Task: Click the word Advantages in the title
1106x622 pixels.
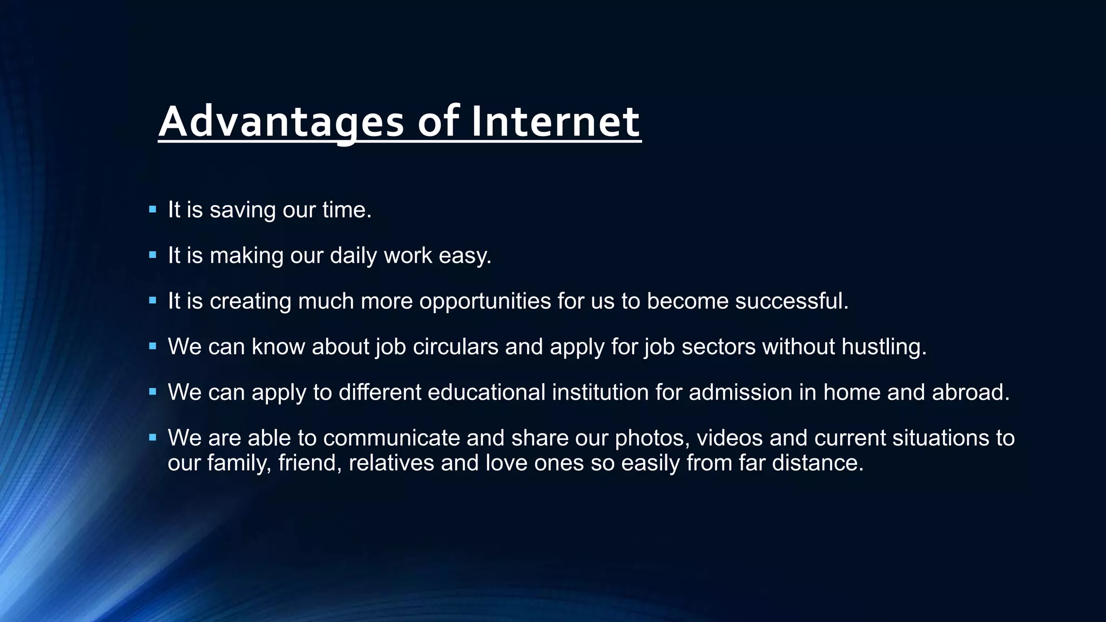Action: pyautogui.click(x=281, y=122)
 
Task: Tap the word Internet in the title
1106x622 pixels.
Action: pyautogui.click(x=556, y=122)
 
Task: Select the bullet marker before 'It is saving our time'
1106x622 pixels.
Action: pyautogui.click(x=152, y=209)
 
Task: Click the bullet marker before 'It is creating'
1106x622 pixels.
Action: pyautogui.click(x=152, y=300)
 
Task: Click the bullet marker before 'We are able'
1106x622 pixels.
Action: pyautogui.click(x=152, y=437)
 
